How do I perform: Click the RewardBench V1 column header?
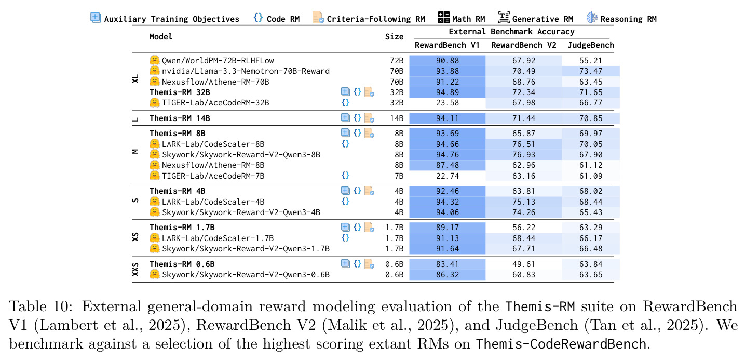point(447,45)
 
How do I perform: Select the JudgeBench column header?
point(591,45)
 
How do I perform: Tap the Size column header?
point(395,37)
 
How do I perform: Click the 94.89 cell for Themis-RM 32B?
point(447,92)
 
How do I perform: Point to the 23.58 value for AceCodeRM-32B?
point(447,103)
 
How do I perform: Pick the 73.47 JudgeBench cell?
point(591,71)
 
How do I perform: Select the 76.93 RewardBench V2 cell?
point(523,155)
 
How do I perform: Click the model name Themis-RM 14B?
point(180,118)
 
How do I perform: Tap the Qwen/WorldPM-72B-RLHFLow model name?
point(218,61)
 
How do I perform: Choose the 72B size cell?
point(397,61)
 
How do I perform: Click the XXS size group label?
point(135,269)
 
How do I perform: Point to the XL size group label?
point(135,79)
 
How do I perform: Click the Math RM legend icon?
point(444,17)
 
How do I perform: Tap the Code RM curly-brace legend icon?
point(258,17)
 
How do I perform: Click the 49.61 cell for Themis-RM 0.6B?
point(523,264)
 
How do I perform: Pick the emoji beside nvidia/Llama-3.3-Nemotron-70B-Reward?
point(155,71)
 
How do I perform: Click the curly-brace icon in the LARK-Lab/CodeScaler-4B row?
point(346,202)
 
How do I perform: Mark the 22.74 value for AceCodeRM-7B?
point(447,176)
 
